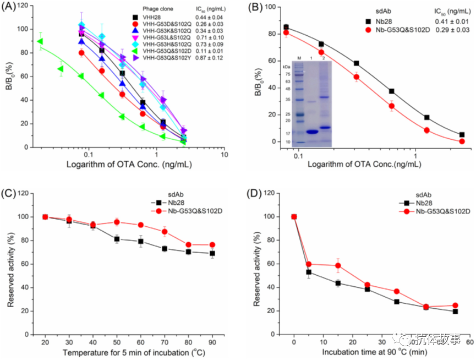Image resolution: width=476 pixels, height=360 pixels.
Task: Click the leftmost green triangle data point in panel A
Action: pos(40,41)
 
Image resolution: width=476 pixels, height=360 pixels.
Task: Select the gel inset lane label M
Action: pos(300,57)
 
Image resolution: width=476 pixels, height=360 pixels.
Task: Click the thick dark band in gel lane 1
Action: pos(311,132)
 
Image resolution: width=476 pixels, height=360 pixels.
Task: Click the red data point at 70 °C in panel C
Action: pos(165,232)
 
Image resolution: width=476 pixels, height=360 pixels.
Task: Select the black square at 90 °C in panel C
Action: pos(212,253)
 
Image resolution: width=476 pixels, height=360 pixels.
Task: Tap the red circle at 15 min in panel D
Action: pos(338,265)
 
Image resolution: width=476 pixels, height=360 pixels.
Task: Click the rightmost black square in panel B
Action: pos(462,134)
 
